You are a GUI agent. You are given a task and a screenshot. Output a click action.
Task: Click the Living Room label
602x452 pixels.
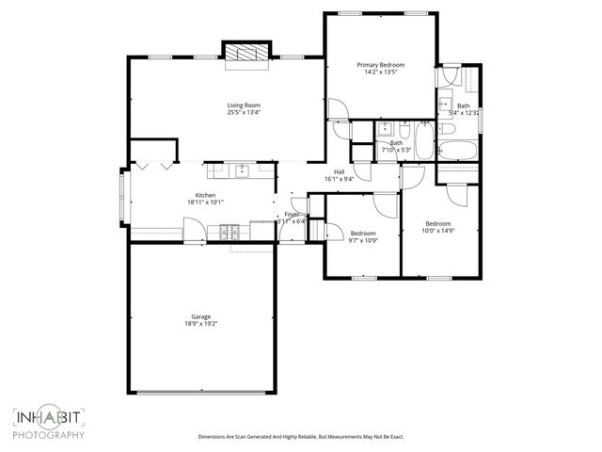pyautogui.click(x=244, y=105)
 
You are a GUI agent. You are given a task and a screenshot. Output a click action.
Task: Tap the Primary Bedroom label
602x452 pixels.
pyautogui.click(x=380, y=64)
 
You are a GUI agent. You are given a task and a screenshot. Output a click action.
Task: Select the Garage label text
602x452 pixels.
pyautogui.click(x=200, y=316)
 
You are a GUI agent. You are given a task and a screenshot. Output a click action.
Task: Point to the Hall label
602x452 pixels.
pyautogui.click(x=339, y=170)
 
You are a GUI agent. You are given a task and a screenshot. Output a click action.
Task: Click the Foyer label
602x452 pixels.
pyautogui.click(x=292, y=215)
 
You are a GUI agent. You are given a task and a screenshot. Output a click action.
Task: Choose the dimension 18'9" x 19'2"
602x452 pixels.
pyautogui.click(x=200, y=324)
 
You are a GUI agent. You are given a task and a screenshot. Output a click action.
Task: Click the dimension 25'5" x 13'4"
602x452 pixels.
pyautogui.click(x=244, y=112)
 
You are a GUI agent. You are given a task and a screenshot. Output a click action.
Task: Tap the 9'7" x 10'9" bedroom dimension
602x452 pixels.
pyautogui.click(x=363, y=240)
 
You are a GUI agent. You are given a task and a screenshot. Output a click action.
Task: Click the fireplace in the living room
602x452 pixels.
pyautogui.click(x=246, y=55)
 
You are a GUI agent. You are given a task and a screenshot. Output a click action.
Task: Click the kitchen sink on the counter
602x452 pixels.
pyautogui.click(x=242, y=170)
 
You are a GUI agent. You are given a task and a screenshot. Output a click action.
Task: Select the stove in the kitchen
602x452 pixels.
pyautogui.click(x=230, y=231)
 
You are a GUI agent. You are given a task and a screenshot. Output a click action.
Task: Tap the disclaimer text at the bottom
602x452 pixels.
pyautogui.click(x=300, y=436)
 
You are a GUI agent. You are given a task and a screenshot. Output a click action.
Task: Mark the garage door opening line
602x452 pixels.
pyautogui.click(x=201, y=392)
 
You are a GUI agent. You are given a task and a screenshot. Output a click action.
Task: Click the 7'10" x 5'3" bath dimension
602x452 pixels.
pyautogui.click(x=396, y=150)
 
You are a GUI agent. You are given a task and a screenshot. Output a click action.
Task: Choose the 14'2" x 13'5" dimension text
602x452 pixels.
pyautogui.click(x=380, y=72)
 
